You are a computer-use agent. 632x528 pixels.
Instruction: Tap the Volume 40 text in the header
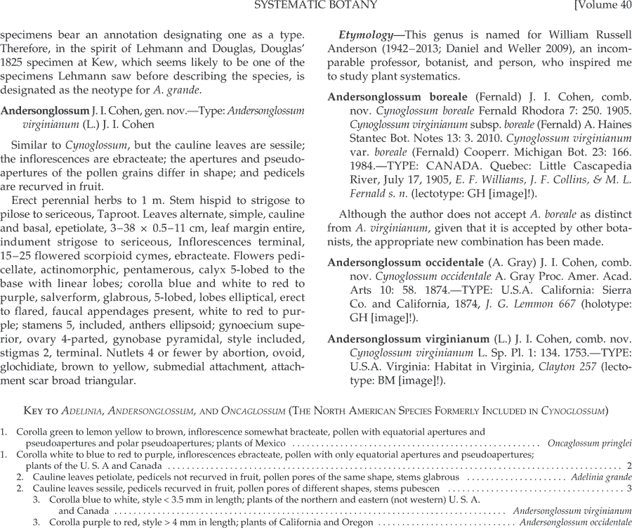pyautogui.click(x=602, y=6)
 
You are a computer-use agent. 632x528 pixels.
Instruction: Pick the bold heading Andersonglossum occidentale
pyautogui.click(x=409, y=262)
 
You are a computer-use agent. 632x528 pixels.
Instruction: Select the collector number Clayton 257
pyautogui.click(x=565, y=367)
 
